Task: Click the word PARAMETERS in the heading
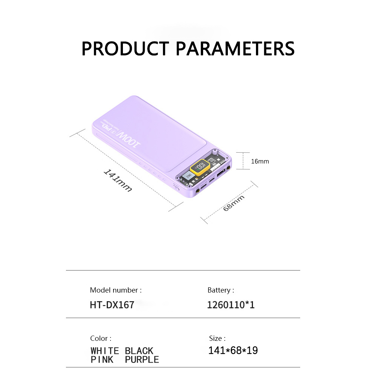point(235,49)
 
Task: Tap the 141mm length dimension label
point(118,180)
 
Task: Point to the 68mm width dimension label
point(233,203)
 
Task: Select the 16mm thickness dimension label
point(260,162)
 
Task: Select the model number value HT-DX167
point(112,305)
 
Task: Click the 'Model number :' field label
point(116,290)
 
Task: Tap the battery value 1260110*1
point(231,305)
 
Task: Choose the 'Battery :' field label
point(221,290)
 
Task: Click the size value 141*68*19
point(233,351)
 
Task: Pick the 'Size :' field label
point(217,339)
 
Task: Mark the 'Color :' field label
point(101,339)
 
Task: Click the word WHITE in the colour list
point(105,351)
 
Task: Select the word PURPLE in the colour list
point(142,360)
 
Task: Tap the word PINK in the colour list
point(102,360)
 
